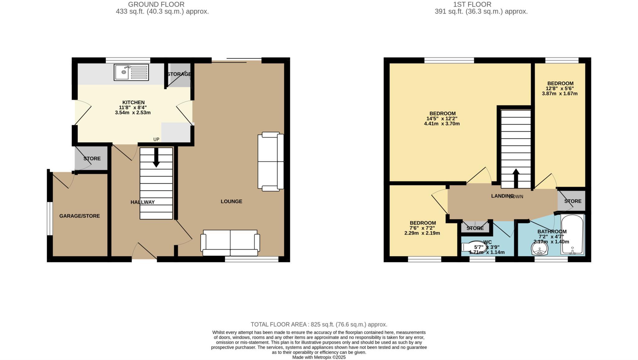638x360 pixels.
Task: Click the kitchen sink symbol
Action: pos(131,72)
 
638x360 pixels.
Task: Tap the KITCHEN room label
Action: pos(133,102)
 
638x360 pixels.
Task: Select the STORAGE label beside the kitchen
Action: pos(179,74)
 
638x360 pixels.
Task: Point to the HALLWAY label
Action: pos(143,202)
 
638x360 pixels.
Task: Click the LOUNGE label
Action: pos(231,201)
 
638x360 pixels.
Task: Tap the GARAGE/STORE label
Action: pos(80,216)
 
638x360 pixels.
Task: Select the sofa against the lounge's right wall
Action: pos(271,161)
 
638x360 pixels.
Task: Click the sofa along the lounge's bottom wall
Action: pos(230,243)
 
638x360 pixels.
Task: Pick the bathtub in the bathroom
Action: pos(572,234)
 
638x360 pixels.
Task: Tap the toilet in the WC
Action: pos(474,247)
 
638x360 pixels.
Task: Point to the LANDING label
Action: pos(502,196)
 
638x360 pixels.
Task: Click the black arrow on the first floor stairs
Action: pos(516,178)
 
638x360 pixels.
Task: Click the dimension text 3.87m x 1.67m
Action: pos(560,93)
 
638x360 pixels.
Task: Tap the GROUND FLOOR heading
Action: pos(156,4)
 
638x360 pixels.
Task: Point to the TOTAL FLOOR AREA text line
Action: pos(319,324)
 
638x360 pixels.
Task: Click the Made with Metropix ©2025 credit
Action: pos(319,357)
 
